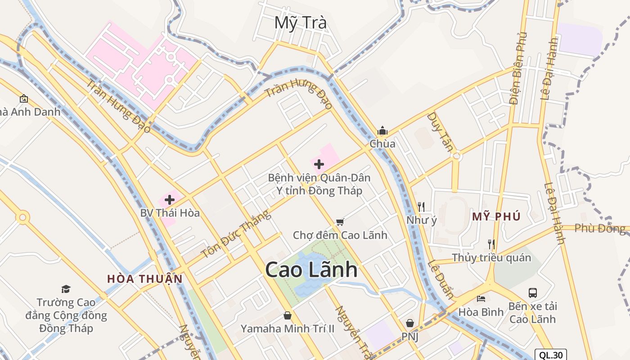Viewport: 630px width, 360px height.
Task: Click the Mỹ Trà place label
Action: pyautogui.click(x=301, y=22)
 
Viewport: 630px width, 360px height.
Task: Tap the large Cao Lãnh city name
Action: pyautogui.click(x=311, y=270)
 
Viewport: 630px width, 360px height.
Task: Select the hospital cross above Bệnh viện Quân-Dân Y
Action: pyautogui.click(x=319, y=164)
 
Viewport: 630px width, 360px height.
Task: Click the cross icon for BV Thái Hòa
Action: pyautogui.click(x=170, y=199)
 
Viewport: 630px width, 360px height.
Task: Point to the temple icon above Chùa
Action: pyautogui.click(x=382, y=131)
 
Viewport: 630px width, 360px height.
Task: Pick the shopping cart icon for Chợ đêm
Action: pyautogui.click(x=340, y=222)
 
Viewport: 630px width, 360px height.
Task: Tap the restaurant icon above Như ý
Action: pyautogui.click(x=421, y=207)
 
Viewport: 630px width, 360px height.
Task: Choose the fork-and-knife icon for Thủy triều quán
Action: pyautogui.click(x=491, y=244)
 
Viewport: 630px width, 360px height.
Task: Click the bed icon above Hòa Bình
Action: pyautogui.click(x=481, y=298)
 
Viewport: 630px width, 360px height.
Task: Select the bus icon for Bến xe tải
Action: pyautogui.click(x=533, y=293)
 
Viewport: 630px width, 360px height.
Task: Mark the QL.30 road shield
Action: pyautogui.click(x=551, y=355)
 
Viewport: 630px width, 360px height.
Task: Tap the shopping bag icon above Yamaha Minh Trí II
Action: pyautogui.click(x=288, y=315)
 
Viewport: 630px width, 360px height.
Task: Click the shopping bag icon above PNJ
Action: pyautogui.click(x=410, y=323)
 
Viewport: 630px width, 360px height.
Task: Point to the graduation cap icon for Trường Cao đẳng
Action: pyautogui.click(x=66, y=289)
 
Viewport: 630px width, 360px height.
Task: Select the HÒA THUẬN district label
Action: pyautogui.click(x=145, y=279)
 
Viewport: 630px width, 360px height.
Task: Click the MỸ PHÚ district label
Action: pyautogui.click(x=496, y=217)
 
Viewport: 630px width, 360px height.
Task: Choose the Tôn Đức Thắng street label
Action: pyautogui.click(x=236, y=234)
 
